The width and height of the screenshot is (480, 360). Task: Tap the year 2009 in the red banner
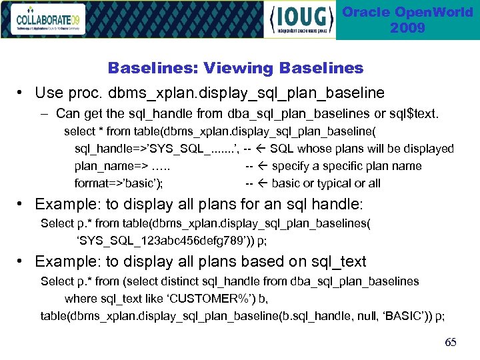407,28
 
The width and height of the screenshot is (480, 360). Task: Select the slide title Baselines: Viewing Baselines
235,68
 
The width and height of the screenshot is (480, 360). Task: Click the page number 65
451,342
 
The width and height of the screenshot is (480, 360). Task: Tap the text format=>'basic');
120,183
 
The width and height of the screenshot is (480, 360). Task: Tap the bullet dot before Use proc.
22,93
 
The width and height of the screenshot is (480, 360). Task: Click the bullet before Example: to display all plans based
22,262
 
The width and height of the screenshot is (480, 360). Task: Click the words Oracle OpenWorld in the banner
407,13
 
